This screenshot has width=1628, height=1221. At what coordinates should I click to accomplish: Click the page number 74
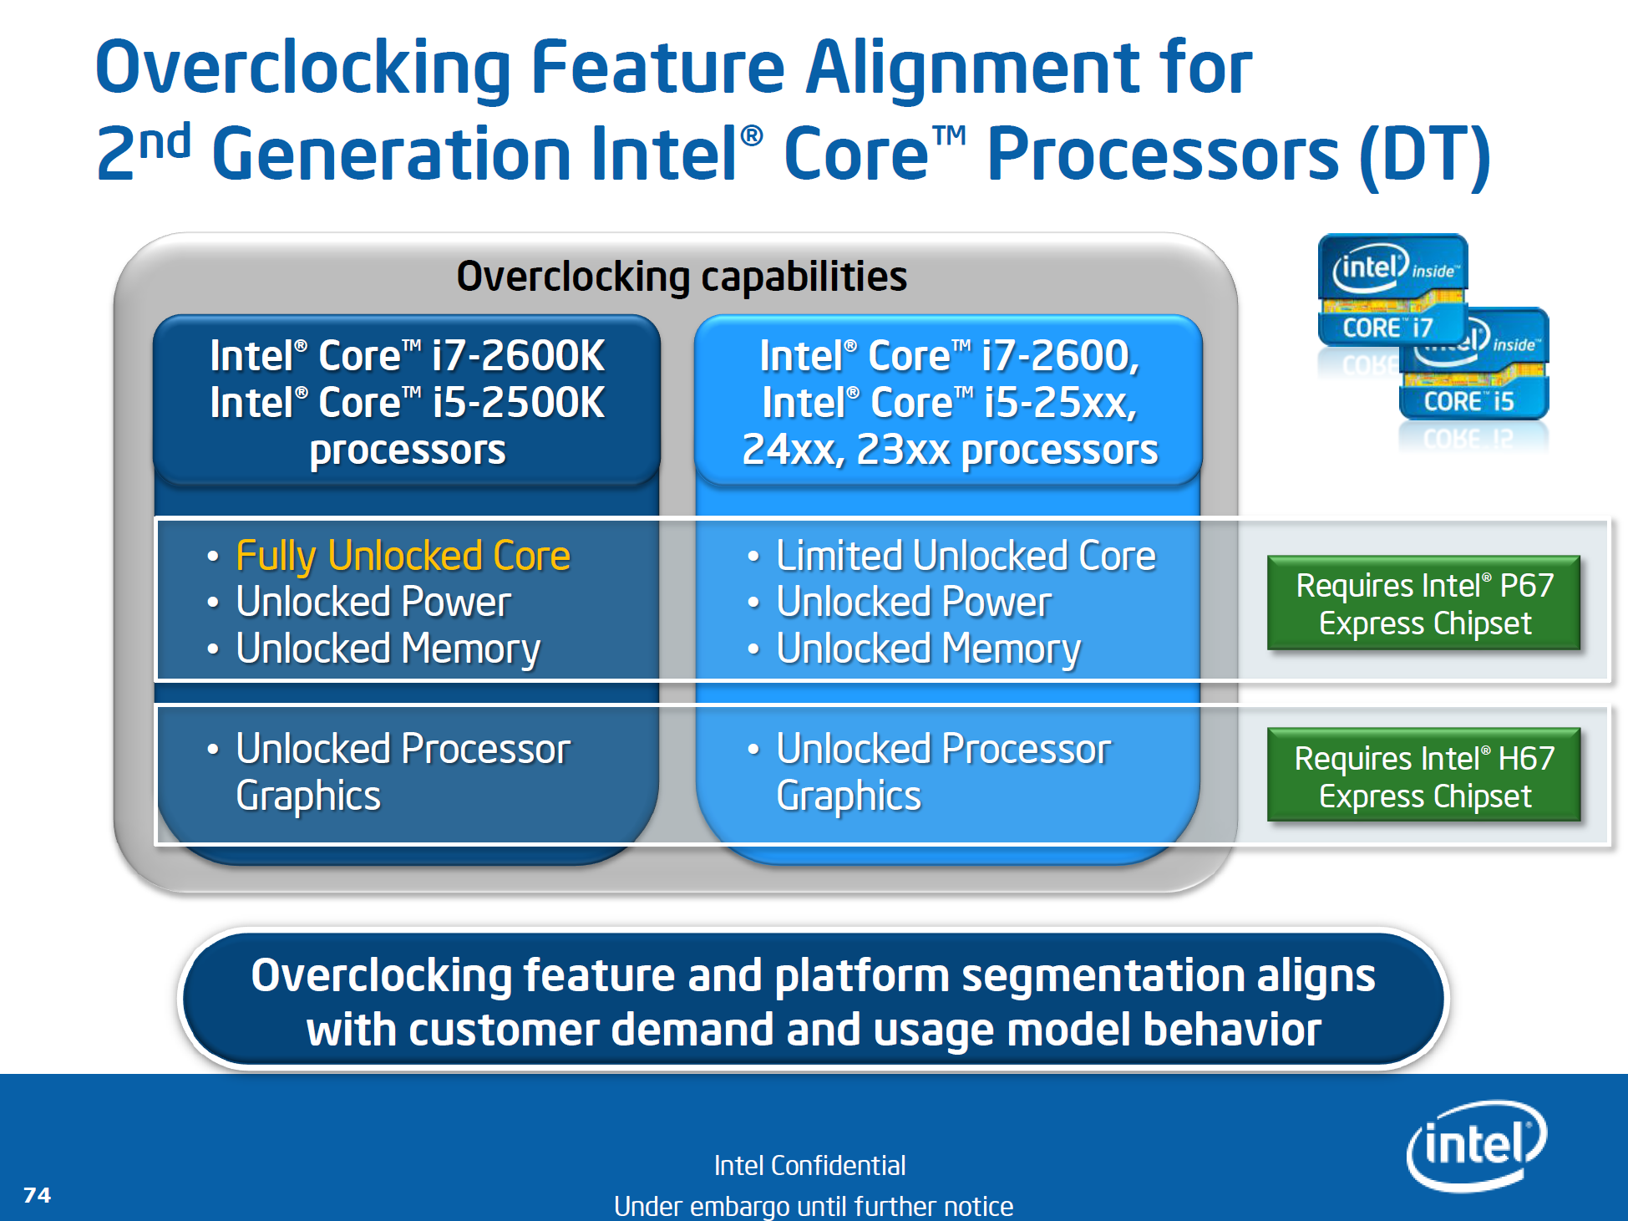(37, 1195)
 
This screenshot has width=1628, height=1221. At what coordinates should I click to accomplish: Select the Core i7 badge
(1392, 289)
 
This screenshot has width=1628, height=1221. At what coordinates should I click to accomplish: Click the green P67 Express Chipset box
(1423, 603)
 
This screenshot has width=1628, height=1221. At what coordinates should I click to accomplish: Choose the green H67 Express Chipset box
(1423, 776)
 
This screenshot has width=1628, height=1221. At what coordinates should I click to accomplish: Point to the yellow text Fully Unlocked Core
(403, 557)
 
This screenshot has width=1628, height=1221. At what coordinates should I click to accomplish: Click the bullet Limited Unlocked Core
(966, 557)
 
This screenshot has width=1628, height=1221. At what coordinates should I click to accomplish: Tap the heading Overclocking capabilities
(682, 277)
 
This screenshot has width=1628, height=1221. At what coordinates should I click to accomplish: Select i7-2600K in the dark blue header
(518, 356)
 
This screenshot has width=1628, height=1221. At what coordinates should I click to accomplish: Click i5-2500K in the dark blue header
(518, 403)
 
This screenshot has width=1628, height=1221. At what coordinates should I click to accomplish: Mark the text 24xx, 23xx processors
(950, 450)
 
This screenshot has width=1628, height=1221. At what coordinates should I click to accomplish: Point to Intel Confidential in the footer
(809, 1165)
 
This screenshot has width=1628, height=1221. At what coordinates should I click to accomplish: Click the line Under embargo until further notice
(813, 1206)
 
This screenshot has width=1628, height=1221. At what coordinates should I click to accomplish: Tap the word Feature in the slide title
(657, 69)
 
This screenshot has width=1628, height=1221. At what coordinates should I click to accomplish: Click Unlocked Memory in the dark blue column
(388, 649)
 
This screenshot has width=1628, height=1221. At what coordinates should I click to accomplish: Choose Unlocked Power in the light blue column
(914, 603)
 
